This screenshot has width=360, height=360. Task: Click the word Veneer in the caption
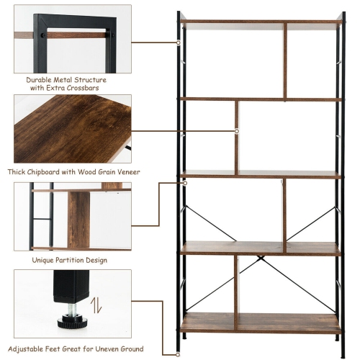coord(125,172)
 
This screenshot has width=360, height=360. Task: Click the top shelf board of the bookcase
coord(259,22)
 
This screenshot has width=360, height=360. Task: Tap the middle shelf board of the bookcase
coord(259,174)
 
